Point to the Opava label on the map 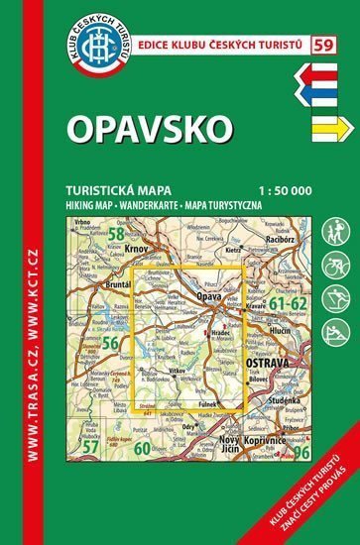pos(209,296)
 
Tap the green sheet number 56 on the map pos(111,342)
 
